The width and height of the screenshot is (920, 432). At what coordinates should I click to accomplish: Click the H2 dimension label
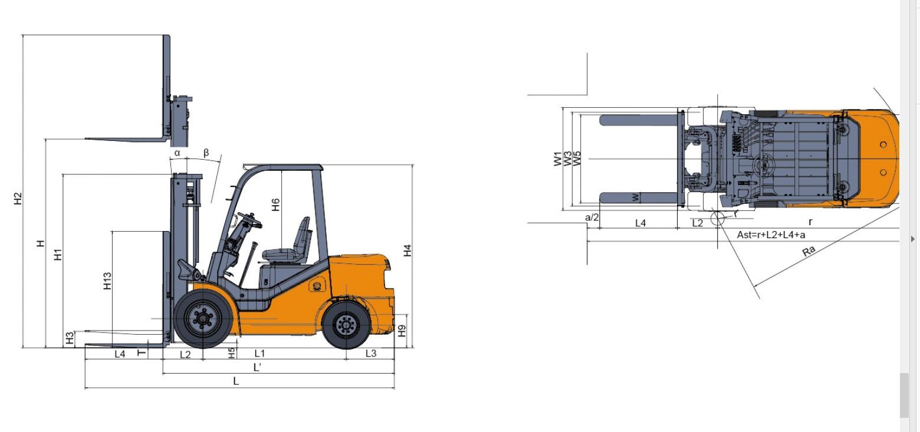(18, 199)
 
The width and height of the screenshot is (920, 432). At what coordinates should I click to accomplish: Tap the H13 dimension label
(107, 281)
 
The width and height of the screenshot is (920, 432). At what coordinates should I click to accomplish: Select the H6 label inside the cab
(275, 205)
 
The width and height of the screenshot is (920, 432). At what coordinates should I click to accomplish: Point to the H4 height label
(407, 250)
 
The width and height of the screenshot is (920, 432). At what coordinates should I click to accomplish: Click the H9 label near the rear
(402, 331)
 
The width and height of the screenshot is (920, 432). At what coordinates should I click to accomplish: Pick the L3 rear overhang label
(371, 353)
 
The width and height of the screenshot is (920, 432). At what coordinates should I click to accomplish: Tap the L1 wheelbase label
(259, 353)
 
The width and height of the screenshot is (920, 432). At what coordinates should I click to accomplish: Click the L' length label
(257, 367)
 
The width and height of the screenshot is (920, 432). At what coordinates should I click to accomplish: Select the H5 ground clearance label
(232, 353)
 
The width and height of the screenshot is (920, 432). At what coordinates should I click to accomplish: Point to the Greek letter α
(177, 153)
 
